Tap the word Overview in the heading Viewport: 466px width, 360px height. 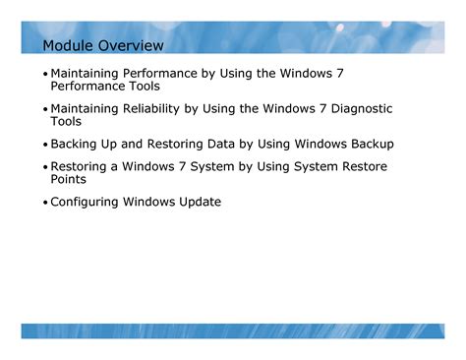click(x=132, y=46)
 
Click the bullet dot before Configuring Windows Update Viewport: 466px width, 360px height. click(x=45, y=204)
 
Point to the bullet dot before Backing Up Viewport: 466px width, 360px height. click(x=45, y=145)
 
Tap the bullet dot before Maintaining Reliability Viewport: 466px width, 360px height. click(x=45, y=110)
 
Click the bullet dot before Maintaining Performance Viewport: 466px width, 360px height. click(x=45, y=75)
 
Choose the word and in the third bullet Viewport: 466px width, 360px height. click(x=143, y=144)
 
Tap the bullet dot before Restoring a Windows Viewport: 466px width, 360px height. click(x=45, y=168)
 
